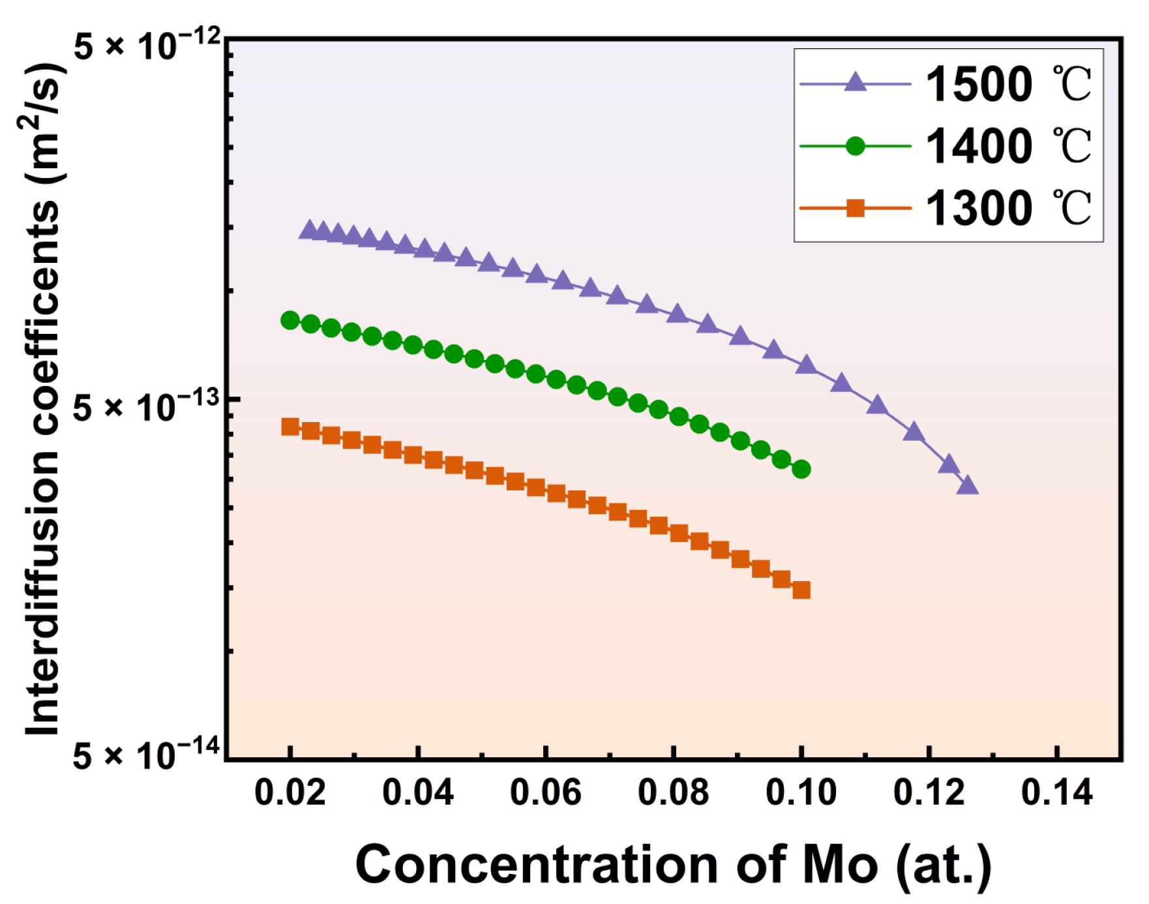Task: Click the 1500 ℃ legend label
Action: [x=1007, y=85]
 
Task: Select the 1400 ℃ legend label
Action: [x=1007, y=146]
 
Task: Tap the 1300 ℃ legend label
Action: [x=1007, y=209]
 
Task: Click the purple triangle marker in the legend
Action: [x=855, y=83]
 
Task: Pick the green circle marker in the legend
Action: [x=855, y=146]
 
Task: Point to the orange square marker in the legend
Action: [x=855, y=209]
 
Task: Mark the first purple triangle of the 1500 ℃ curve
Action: [x=308, y=230]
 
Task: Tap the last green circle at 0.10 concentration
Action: [x=801, y=469]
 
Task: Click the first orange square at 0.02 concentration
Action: [x=290, y=427]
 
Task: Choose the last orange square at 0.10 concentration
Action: [x=801, y=590]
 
